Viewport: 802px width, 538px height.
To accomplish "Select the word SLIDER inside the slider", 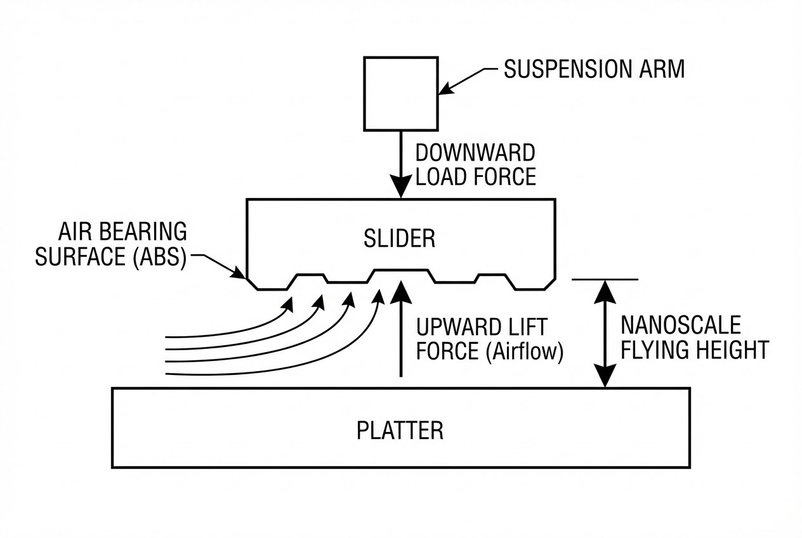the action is [399, 239].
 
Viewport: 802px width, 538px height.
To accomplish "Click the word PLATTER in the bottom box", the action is [400, 430].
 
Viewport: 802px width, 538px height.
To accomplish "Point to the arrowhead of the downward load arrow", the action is [400, 186].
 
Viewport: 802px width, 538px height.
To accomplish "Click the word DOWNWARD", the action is [475, 153].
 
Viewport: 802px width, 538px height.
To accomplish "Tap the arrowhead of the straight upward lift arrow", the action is [400, 292].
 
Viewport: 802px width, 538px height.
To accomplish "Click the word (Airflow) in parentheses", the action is [525, 351].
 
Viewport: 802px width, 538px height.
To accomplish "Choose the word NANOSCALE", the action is [681, 325].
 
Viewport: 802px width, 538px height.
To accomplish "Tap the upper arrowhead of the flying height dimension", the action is [605, 292].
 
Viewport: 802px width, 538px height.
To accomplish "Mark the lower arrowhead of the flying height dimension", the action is [605, 376].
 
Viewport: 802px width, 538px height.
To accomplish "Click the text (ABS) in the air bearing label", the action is [160, 257].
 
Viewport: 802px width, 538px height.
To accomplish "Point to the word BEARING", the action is [143, 232].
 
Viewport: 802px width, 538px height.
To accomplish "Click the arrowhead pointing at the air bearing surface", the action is [239, 273].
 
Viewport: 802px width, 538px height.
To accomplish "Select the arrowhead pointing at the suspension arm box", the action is [446, 89].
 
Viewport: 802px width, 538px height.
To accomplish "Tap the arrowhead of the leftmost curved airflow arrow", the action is [289, 305].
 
